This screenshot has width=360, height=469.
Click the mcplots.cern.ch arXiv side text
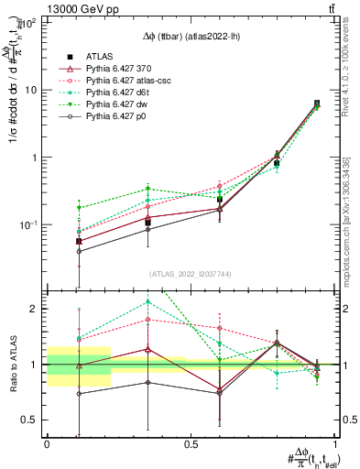[x=349, y=220]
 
